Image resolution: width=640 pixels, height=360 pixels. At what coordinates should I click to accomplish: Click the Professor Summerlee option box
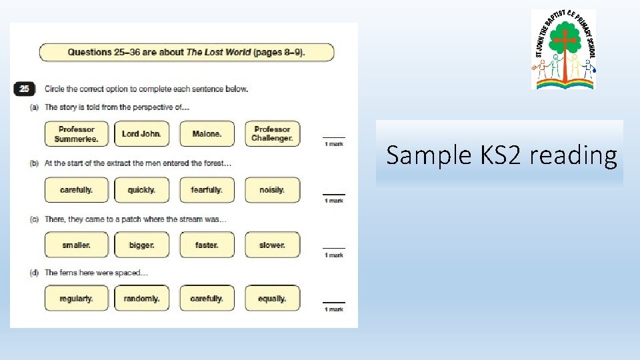76,134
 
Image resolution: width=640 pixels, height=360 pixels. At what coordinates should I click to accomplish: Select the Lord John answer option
141,134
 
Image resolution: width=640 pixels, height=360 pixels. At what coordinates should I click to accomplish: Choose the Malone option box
207,134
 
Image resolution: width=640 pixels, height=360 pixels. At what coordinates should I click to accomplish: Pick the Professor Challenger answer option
272,134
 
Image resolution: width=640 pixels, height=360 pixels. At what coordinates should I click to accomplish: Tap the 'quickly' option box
141,190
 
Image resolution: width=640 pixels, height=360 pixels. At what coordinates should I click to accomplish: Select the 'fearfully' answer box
207,190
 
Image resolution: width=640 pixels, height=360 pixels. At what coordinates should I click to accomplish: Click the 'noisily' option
272,190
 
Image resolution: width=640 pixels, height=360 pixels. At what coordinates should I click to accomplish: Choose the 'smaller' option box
76,245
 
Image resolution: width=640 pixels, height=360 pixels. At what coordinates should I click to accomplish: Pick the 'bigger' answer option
141,245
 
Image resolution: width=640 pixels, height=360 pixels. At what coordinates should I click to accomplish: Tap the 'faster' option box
207,245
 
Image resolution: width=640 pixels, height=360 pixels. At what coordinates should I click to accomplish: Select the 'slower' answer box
272,245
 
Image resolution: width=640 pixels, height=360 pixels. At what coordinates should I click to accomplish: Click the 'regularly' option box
76,299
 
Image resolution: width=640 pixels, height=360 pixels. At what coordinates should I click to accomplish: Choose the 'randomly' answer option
141,299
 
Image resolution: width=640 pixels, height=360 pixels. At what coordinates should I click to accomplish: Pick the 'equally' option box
272,299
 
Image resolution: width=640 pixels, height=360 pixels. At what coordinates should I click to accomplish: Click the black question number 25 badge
24,89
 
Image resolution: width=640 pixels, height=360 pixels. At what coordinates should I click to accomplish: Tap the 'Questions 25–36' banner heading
187,52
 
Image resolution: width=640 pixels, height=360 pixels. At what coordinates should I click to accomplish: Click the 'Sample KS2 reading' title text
501,155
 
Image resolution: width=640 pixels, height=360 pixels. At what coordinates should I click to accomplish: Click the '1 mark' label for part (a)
333,144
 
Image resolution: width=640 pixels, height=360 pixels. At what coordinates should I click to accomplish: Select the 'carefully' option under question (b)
76,190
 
